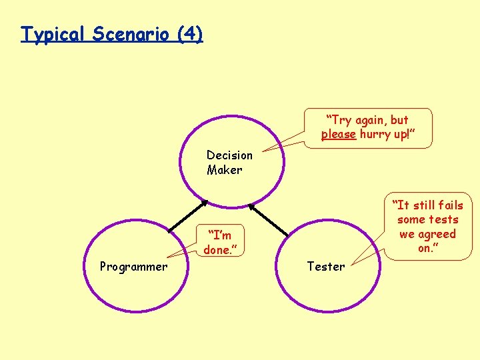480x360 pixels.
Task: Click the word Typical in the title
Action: tap(54, 34)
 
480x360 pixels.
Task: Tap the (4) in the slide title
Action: tap(190, 34)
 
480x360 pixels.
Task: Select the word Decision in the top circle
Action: tap(229, 155)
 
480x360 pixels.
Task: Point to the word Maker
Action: tap(224, 170)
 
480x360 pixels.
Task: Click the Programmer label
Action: tap(133, 267)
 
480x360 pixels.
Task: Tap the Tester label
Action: tap(326, 267)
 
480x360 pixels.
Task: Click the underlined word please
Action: tap(338, 135)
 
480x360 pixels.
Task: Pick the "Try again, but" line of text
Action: tap(367, 120)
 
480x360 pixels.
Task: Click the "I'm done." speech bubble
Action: tap(220, 243)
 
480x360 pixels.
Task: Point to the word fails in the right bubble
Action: tap(447, 205)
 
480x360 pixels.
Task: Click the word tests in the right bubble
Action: tap(443, 219)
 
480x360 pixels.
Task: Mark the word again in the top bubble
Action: tap(371, 120)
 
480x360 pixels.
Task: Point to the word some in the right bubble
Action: tap(411, 219)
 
